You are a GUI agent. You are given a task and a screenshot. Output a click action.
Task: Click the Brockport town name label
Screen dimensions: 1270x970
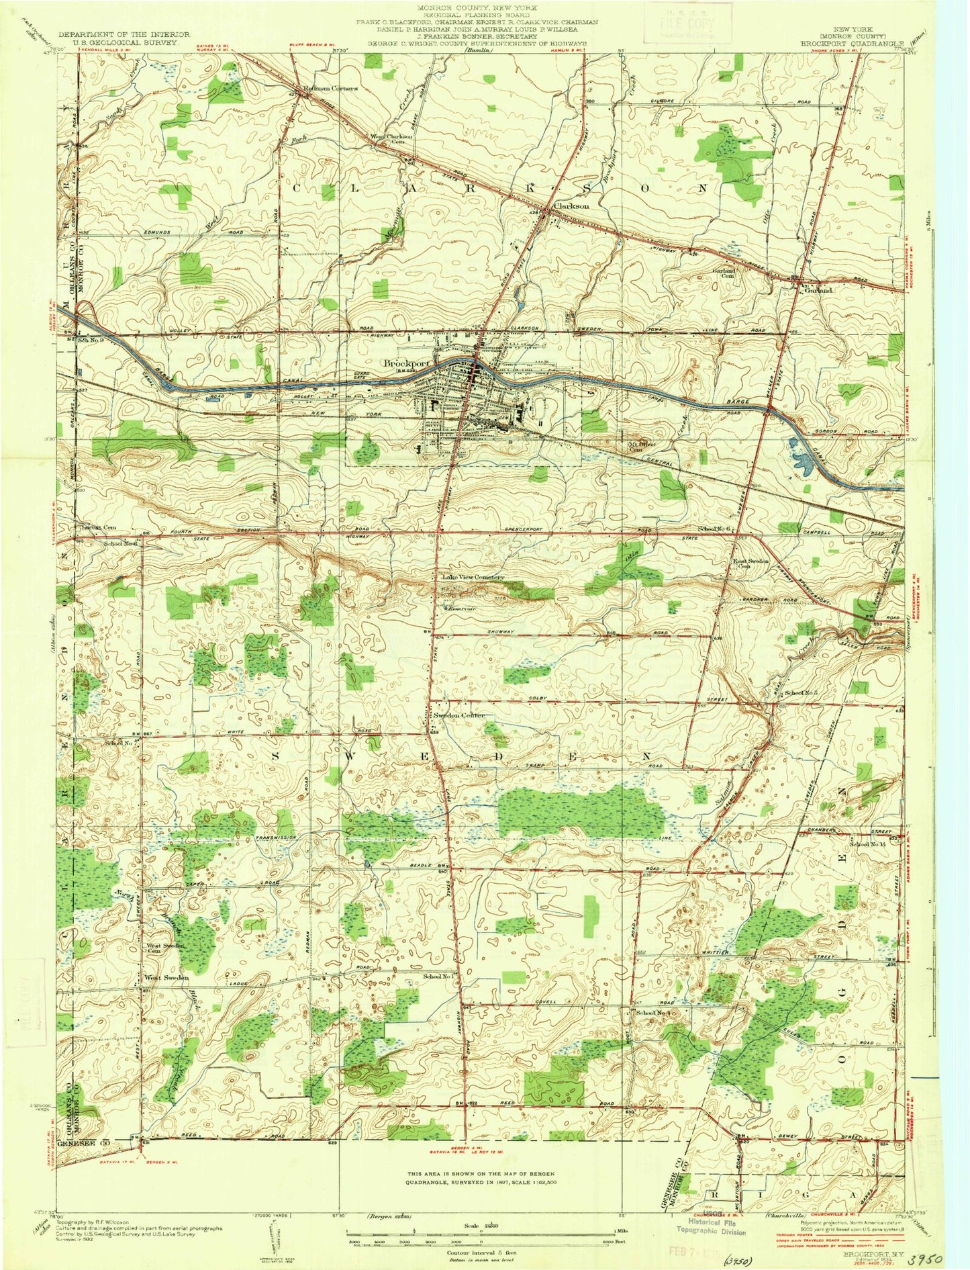[405, 363]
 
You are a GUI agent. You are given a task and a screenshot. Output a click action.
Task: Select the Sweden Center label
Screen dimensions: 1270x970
[458, 716]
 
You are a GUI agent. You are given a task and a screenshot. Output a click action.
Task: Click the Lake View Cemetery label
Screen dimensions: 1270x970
[473, 578]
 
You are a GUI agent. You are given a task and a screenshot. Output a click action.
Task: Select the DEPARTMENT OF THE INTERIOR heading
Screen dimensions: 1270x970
[124, 34]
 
